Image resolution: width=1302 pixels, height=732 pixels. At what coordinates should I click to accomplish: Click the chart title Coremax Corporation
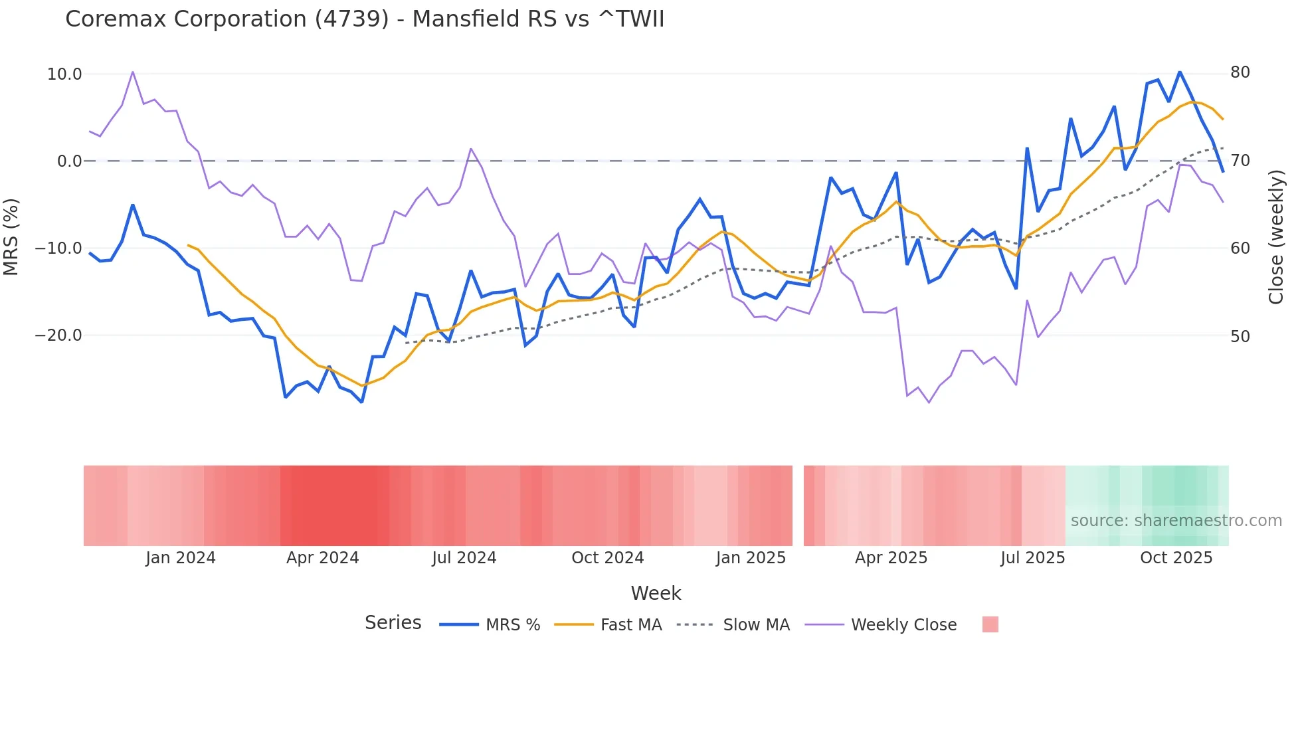tap(364, 19)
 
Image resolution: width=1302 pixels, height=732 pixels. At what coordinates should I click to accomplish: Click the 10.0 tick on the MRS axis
tap(64, 74)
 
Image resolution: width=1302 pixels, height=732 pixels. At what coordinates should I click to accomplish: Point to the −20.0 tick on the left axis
tap(58, 335)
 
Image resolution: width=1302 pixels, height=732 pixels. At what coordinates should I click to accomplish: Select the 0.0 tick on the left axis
tap(69, 161)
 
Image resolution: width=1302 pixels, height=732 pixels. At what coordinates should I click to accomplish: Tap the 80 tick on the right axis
tap(1240, 72)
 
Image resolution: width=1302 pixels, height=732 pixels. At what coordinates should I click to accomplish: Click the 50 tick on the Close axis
tap(1240, 337)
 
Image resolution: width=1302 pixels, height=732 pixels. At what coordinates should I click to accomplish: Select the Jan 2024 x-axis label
tap(181, 558)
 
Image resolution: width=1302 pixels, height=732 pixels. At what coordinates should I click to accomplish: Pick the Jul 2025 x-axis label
tap(1032, 558)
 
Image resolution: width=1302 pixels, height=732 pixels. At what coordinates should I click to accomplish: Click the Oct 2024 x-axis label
tap(607, 558)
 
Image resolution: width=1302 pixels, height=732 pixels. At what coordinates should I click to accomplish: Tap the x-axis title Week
tap(656, 593)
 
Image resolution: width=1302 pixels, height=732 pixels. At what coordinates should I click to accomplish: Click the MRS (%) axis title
tap(11, 236)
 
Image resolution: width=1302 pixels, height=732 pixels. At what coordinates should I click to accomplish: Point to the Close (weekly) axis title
tap(1276, 236)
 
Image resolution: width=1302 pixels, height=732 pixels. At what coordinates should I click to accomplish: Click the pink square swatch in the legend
tap(990, 624)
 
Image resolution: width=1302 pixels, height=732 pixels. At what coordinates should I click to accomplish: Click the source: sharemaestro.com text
tap(1176, 521)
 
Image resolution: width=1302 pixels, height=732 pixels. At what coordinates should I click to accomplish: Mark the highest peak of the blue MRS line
tap(1180, 72)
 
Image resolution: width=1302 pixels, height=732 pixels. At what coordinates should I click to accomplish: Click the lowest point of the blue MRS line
tap(362, 402)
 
